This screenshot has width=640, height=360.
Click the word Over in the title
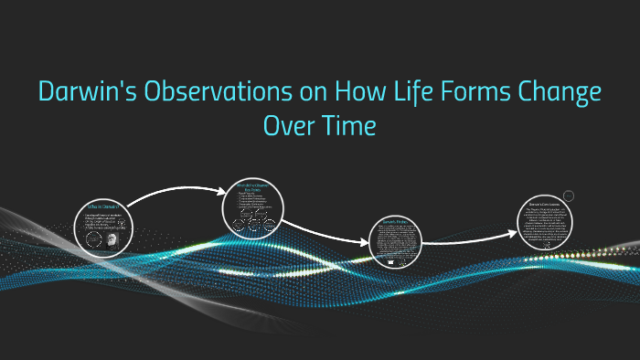(288, 126)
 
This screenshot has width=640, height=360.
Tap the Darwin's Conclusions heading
(549, 202)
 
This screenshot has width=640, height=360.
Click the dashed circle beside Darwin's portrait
(92, 239)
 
